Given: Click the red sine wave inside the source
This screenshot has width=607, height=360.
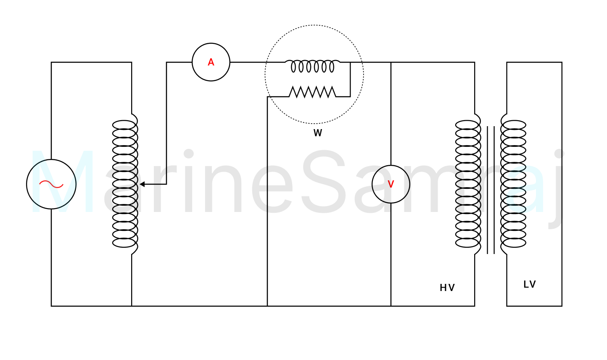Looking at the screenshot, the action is coord(51,184).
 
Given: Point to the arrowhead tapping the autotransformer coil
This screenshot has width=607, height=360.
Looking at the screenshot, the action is coord(142,184).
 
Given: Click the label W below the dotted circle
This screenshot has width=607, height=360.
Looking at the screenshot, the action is coord(318,133).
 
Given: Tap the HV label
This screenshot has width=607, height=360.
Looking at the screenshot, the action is coord(447,288).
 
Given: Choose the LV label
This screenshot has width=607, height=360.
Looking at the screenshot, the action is coord(530,284).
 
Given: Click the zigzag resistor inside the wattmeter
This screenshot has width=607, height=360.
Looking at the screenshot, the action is coord(312,92).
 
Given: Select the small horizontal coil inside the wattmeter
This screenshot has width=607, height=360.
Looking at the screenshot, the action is coord(312,66).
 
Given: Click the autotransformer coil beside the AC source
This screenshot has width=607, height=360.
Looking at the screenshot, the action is coord(125,184).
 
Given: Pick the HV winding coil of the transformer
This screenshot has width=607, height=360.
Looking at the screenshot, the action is coord(468,184).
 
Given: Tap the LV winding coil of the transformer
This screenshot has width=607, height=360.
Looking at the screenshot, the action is coord(514,184).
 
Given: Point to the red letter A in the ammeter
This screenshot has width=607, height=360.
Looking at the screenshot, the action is coord(211,62).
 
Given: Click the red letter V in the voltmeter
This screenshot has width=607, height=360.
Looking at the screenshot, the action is coord(391,184).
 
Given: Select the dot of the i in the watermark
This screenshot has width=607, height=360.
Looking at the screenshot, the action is coord(189,154).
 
